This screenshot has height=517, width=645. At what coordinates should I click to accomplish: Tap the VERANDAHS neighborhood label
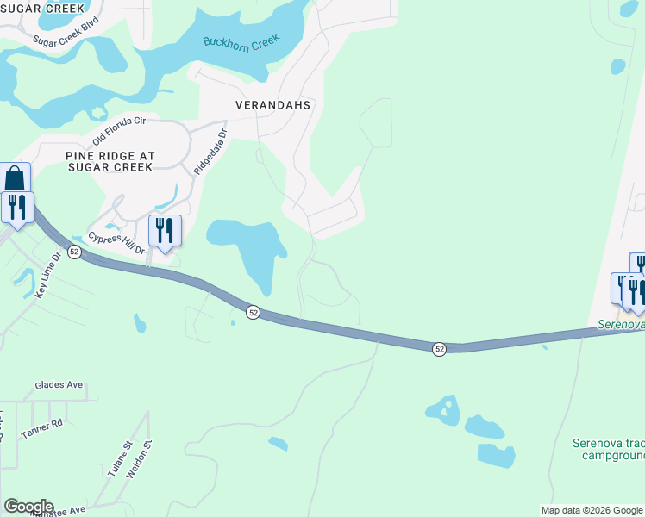coord(272,104)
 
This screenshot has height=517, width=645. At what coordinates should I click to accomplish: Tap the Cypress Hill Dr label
coord(115,242)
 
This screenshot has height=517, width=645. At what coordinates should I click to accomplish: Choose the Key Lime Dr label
coord(48,276)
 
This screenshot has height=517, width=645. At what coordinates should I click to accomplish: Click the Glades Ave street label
coord(59,385)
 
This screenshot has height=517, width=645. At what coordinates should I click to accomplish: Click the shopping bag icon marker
coord(16,179)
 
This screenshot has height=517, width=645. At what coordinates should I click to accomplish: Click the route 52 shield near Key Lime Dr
coord(75,252)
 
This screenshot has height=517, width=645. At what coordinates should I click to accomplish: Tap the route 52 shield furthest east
coord(440,348)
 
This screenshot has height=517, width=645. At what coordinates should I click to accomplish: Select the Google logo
coord(28,507)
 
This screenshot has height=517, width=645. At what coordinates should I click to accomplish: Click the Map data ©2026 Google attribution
coord(591,510)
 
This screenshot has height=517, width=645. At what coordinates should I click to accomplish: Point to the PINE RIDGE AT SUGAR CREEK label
coord(110,161)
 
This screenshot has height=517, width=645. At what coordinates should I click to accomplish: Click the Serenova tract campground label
coord(609,449)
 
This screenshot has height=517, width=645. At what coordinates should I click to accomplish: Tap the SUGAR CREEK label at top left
coord(43,8)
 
